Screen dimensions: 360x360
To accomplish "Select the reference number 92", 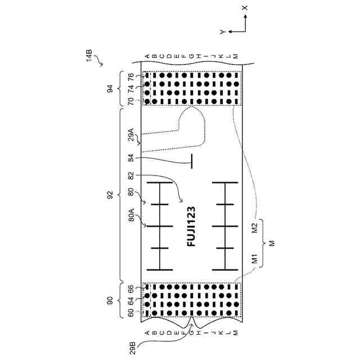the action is pyautogui.click(x=110, y=195).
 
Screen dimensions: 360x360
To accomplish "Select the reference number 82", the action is pyautogui.click(x=130, y=176).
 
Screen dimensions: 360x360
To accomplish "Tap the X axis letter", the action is pyautogui.click(x=244, y=8).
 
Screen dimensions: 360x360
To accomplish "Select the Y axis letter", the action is pyautogui.click(x=223, y=32).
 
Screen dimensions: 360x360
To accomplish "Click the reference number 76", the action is pyautogui.click(x=130, y=77).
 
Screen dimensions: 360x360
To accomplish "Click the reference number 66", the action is pyautogui.click(x=130, y=289).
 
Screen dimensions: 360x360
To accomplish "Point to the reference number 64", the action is pyautogui.click(x=130, y=300).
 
